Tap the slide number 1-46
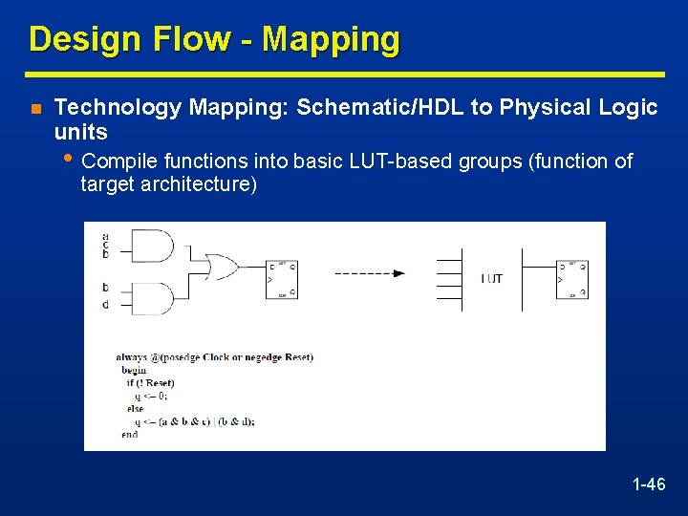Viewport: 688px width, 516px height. pos(649,484)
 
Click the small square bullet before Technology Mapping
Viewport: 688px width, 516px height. pos(34,109)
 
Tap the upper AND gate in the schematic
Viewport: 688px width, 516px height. pos(152,247)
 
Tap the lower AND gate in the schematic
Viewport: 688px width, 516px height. pos(152,298)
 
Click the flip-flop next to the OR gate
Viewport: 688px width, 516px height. pos(282,279)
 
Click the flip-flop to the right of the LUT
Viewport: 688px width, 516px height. pos(571,279)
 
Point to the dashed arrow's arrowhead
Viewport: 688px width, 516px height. pos(399,273)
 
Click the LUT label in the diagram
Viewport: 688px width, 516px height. pos(492,279)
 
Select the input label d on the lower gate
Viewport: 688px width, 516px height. pos(105,305)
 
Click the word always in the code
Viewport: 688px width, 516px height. pos(132,357)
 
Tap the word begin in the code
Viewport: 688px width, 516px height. pos(135,370)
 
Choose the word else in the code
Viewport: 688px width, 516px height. pos(135,408)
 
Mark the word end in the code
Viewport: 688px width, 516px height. pos(129,434)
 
